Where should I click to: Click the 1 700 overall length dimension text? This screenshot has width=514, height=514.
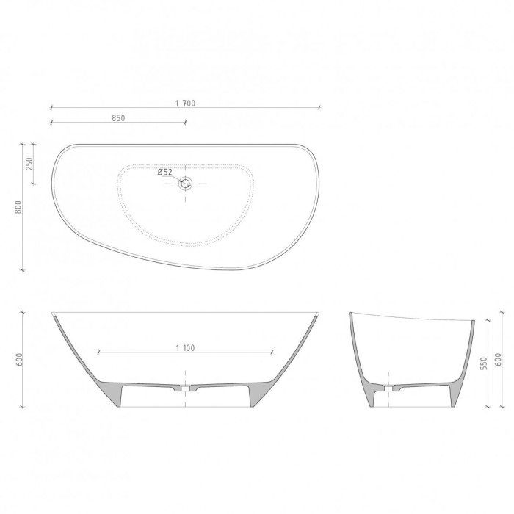point(185,104)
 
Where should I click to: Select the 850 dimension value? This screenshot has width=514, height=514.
point(118,118)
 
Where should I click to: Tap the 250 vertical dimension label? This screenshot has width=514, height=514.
point(29,164)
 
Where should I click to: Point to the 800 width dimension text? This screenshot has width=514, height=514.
point(18,207)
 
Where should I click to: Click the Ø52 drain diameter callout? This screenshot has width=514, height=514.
point(165,172)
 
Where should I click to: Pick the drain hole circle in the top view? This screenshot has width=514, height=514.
point(186,184)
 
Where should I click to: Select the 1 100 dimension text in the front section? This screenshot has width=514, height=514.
point(185,348)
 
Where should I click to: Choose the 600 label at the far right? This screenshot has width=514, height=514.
point(498,360)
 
